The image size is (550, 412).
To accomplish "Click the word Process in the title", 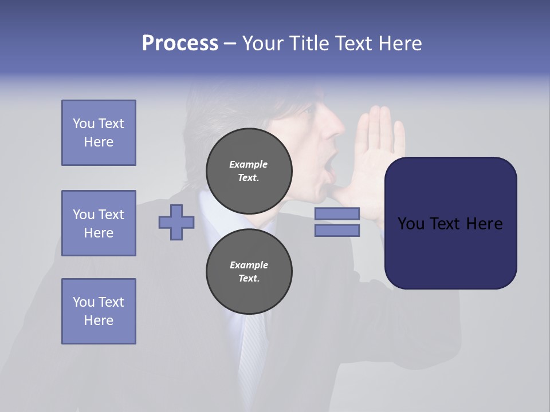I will (x=180, y=43).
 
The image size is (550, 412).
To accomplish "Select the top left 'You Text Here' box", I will (x=99, y=133).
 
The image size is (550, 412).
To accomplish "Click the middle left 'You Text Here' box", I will (x=99, y=223).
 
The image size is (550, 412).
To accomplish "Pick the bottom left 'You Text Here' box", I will (x=99, y=311).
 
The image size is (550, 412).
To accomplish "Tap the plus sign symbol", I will (x=176, y=223).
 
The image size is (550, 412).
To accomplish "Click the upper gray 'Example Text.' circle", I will (x=249, y=171).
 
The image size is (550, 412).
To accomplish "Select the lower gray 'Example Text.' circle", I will (x=249, y=272).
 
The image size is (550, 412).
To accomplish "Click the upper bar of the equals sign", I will (x=337, y=214).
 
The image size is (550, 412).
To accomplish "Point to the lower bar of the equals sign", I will (x=337, y=231).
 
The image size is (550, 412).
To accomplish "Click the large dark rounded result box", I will (x=450, y=223).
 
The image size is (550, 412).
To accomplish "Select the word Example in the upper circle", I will (x=249, y=164).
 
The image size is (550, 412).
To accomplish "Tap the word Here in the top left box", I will (x=99, y=142).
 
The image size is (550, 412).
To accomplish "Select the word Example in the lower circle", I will (x=249, y=265).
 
